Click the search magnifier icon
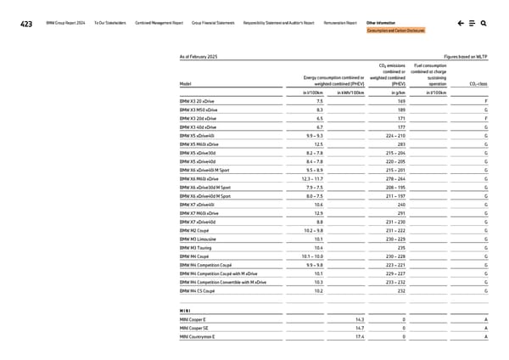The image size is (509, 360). [x=483, y=24]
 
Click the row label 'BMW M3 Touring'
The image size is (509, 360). [x=196, y=247]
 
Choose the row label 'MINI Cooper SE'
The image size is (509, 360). [x=193, y=328]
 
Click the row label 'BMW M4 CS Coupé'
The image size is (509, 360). [x=198, y=291]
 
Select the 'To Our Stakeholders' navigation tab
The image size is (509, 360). [x=110, y=23]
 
